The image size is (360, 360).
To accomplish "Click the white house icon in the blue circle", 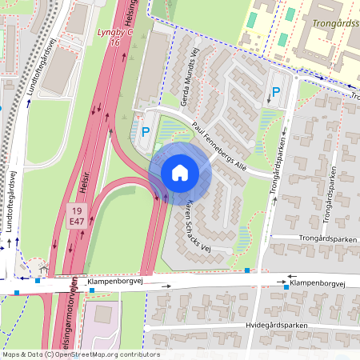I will point(180,172).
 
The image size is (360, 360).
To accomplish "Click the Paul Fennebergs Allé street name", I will point(218,146).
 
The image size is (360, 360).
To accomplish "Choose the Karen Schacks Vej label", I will point(195,223).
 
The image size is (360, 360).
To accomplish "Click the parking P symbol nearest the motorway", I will point(146,132).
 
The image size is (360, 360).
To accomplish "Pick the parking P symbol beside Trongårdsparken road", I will point(276,93).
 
